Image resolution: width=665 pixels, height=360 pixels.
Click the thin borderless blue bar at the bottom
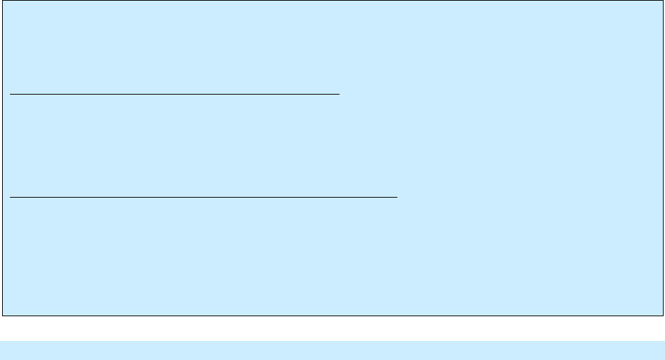click(x=332, y=350)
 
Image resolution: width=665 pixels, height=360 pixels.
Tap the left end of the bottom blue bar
click(x=1, y=350)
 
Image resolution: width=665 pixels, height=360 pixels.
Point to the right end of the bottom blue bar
click(x=664, y=350)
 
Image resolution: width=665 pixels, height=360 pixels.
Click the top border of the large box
click(x=332, y=1)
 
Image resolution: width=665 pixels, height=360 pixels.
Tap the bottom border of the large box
click(x=332, y=315)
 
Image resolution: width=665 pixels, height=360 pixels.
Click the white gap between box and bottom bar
click(x=332, y=328)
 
